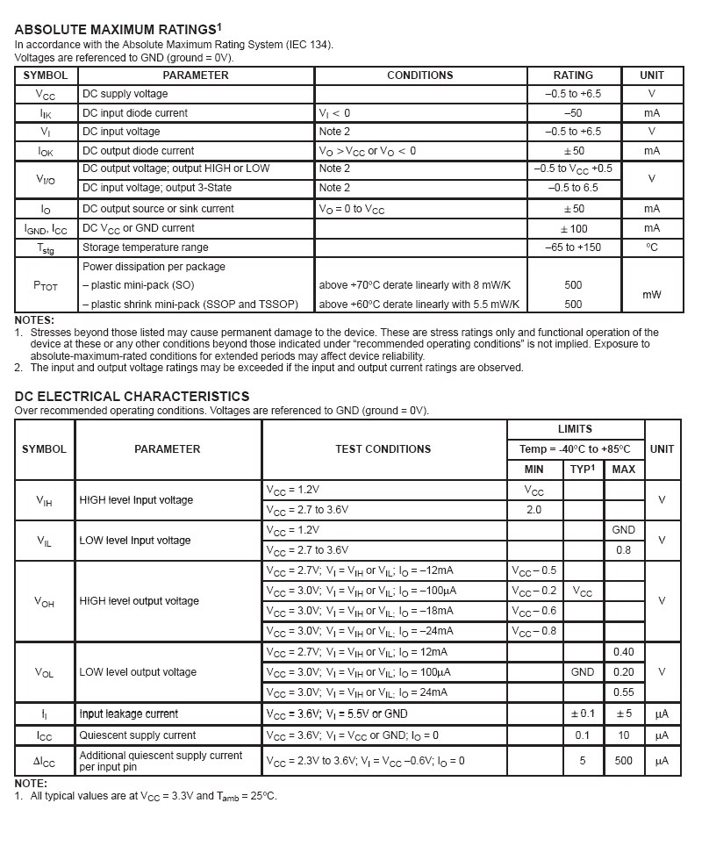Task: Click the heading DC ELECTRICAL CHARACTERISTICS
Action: [132, 397]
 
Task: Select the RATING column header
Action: [573, 75]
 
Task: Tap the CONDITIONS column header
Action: [419, 75]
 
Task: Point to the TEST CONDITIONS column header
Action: [383, 449]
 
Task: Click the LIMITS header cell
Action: [575, 429]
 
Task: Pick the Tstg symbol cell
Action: [47, 248]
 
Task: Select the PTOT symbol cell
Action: [47, 285]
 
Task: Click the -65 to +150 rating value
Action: [573, 247]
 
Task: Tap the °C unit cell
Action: [652, 247]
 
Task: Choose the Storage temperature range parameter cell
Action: [145, 247]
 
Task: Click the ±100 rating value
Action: [573, 228]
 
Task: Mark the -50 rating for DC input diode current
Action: [573, 113]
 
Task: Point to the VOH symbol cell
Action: [44, 602]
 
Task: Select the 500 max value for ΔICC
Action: [623, 761]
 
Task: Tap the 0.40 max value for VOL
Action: [623, 652]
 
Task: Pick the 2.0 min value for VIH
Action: [534, 510]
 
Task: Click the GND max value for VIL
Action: [623, 530]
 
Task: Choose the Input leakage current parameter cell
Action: [128, 714]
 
